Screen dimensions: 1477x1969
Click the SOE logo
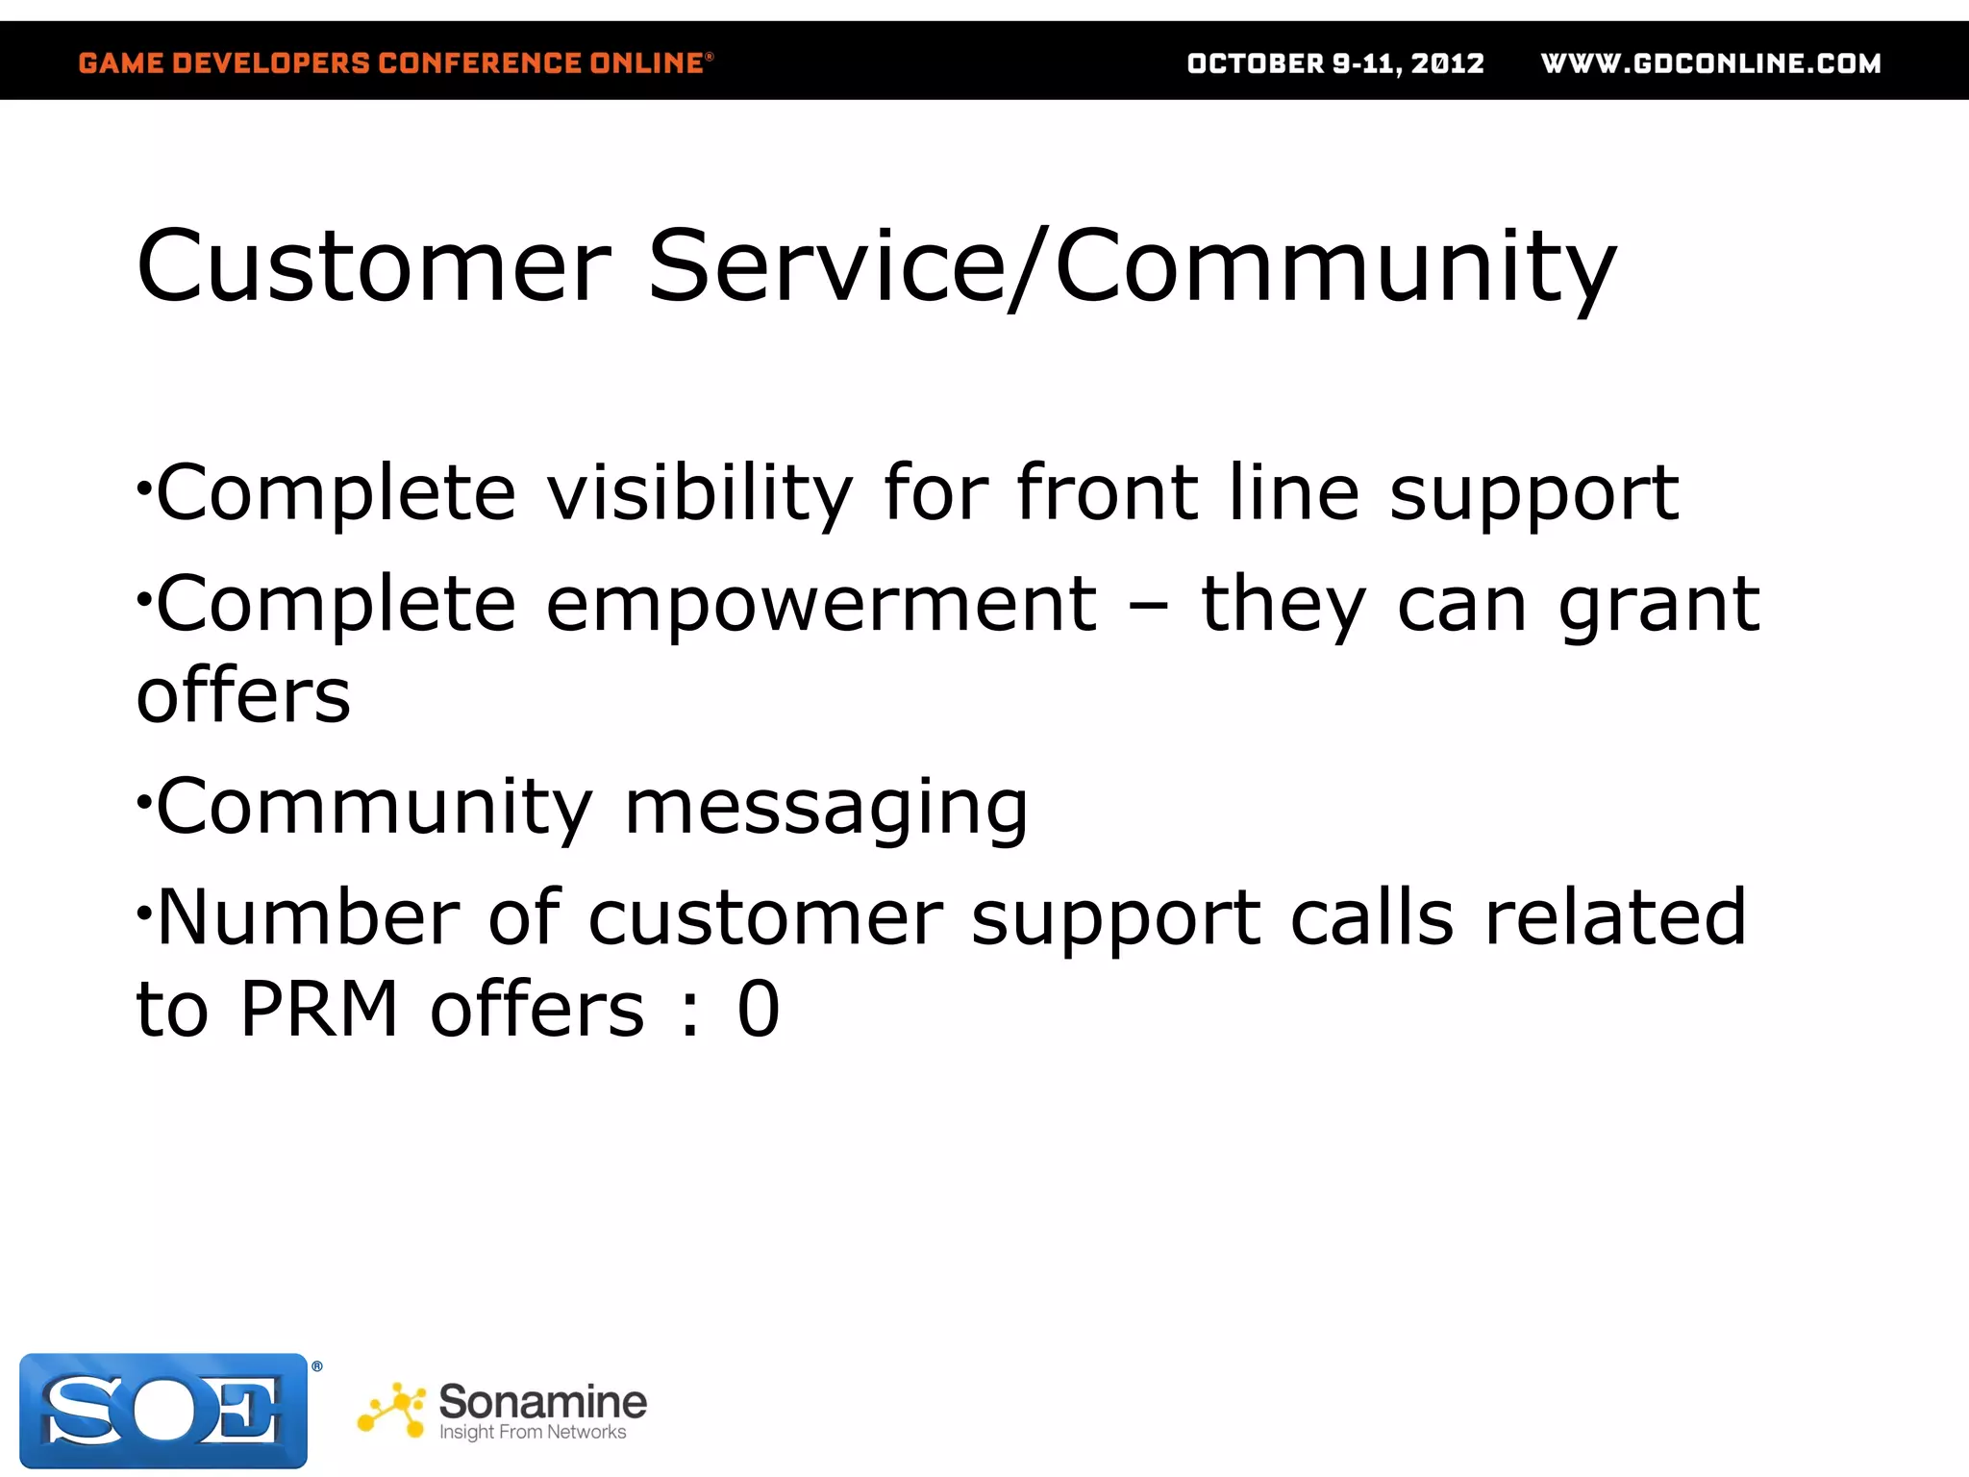click(163, 1410)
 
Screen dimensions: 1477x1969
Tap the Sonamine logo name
click(542, 1402)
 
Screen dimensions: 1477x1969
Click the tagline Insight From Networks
click(532, 1433)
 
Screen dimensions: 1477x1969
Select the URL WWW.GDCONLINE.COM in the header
click(1710, 63)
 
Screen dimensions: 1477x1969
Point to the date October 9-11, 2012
click(1335, 63)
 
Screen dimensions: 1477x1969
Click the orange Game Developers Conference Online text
click(394, 63)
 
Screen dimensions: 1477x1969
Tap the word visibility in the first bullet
click(699, 494)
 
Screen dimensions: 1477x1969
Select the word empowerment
click(820, 605)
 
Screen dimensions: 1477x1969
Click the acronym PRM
click(318, 1010)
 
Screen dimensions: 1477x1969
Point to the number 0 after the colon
click(758, 1010)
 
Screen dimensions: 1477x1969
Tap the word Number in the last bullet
click(308, 917)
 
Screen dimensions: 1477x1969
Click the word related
click(1614, 917)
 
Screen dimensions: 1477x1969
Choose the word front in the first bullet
click(1106, 492)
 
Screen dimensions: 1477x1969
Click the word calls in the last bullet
click(1371, 917)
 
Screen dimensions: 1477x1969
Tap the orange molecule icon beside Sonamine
click(391, 1410)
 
